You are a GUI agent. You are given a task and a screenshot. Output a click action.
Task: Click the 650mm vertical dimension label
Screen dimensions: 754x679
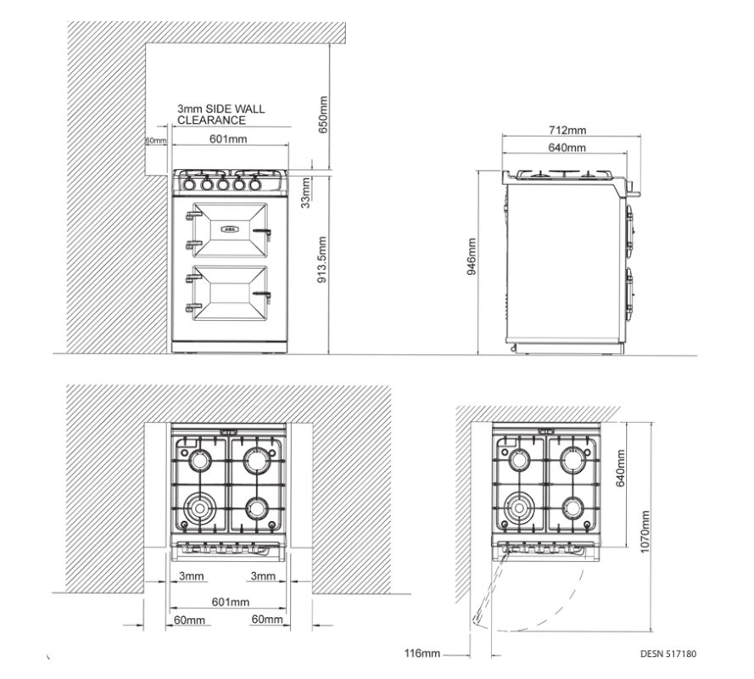point(323,115)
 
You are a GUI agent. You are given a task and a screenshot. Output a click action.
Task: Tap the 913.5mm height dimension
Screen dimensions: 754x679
point(322,260)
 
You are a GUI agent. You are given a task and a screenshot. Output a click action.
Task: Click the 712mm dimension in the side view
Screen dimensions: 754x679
point(567,130)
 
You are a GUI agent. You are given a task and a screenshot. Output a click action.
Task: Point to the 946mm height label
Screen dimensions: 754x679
point(472,256)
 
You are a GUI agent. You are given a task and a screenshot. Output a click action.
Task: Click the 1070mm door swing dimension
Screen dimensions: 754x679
point(645,531)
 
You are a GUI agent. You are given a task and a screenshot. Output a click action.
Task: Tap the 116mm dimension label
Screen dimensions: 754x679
point(422,653)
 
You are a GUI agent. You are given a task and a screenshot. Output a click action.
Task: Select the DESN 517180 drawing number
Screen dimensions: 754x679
point(668,654)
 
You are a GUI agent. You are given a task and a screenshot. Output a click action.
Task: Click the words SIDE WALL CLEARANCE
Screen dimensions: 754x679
point(221,115)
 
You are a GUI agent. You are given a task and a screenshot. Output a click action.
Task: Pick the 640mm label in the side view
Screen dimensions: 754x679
point(567,147)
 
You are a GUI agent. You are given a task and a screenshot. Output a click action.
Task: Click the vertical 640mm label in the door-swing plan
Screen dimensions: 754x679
point(620,468)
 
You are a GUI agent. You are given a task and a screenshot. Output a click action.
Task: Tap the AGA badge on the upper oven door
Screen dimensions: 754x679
point(230,229)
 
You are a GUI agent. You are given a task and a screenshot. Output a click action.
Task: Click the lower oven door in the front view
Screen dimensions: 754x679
point(229,293)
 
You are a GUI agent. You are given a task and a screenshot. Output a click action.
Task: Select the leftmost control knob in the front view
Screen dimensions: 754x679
point(188,184)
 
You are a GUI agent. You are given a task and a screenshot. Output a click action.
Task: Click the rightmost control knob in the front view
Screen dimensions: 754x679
point(254,184)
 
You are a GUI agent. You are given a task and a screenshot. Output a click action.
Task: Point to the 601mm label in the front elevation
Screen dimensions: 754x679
point(228,139)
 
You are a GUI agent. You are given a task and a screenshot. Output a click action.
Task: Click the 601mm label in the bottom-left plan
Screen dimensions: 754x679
point(231,602)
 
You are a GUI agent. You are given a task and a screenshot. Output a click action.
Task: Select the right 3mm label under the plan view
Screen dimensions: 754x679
point(263,575)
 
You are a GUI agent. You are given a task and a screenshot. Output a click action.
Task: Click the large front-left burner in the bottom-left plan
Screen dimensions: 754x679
point(199,508)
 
